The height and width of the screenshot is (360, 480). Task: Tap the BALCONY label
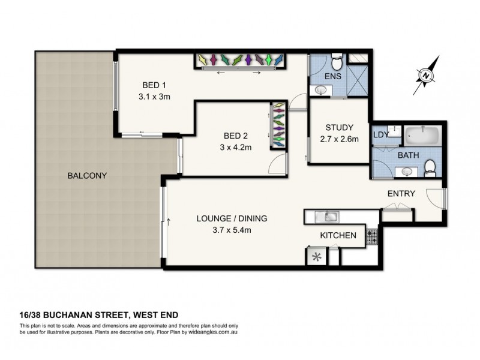click(x=87, y=176)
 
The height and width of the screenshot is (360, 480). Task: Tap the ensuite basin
click(x=320, y=91)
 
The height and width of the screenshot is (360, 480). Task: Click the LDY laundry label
click(x=380, y=134)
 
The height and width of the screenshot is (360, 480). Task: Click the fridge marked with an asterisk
click(x=316, y=256)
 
